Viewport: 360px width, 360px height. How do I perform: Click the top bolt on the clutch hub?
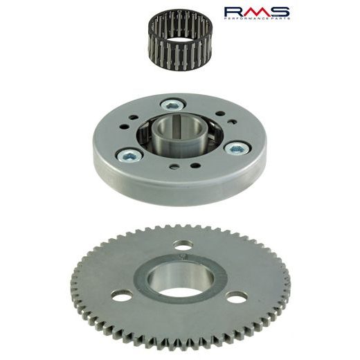(x=170, y=105)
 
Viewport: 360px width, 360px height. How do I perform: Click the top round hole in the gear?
(x=185, y=246)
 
